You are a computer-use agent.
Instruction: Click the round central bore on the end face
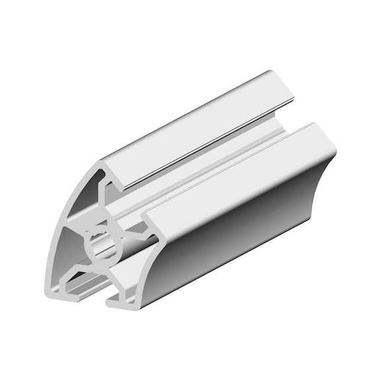[104, 247]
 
